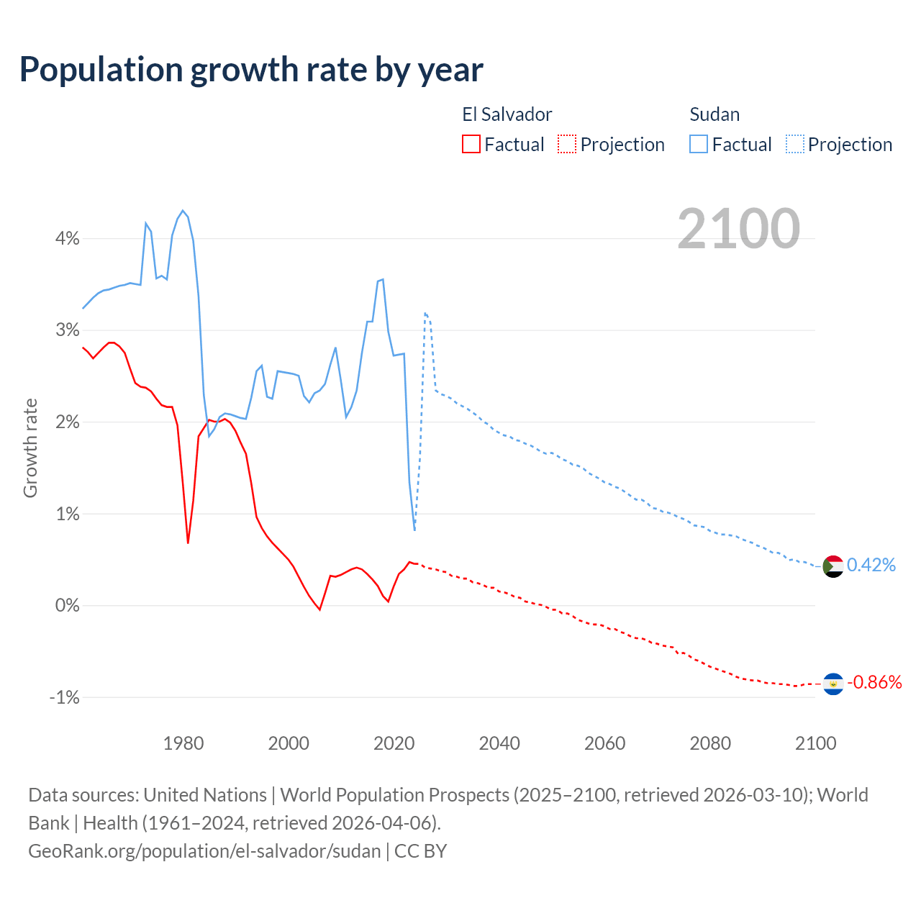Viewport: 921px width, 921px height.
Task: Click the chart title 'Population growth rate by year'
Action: point(251,70)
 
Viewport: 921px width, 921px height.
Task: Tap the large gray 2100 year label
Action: point(738,229)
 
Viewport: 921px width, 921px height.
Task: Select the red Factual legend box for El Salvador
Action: point(471,144)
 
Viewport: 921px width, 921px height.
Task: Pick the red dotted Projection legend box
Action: point(567,144)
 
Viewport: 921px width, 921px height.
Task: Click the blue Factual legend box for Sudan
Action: point(699,144)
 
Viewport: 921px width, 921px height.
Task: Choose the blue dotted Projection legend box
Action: point(795,144)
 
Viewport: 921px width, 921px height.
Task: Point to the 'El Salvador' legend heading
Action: point(507,114)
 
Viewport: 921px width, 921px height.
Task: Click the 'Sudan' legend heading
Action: point(714,114)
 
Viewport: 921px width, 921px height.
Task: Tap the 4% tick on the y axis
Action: point(68,238)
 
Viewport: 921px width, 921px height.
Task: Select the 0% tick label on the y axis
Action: point(68,606)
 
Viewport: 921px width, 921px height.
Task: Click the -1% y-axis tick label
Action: point(65,697)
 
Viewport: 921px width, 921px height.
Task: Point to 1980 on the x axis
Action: point(183,743)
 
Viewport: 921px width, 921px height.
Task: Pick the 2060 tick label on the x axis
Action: point(604,743)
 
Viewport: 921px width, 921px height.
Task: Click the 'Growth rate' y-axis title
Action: point(30,448)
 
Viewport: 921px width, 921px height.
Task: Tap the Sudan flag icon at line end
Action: point(833,566)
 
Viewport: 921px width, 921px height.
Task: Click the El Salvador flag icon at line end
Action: point(833,684)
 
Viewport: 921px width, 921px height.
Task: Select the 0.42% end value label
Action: point(871,565)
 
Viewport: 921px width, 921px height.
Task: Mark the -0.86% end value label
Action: point(874,682)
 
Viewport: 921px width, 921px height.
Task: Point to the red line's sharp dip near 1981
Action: point(188,542)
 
